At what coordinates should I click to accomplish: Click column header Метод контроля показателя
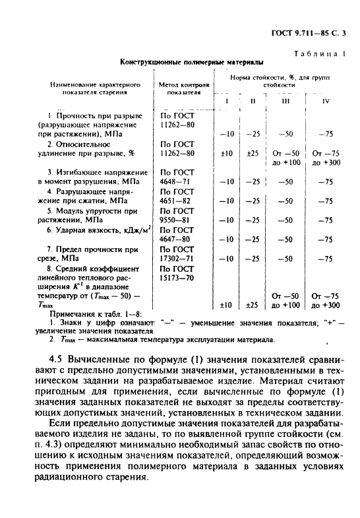(184, 89)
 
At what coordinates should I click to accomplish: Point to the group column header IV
(325, 100)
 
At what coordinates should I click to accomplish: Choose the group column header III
(285, 100)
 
